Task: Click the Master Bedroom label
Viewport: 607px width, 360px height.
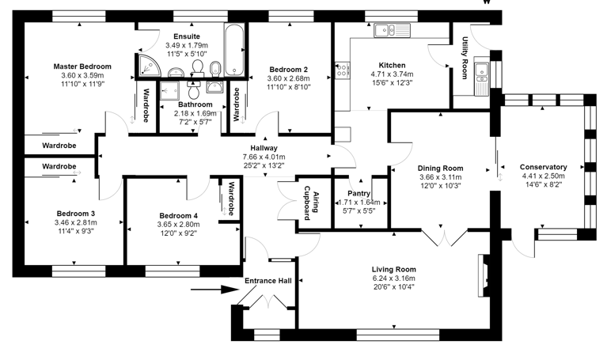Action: pos(82,66)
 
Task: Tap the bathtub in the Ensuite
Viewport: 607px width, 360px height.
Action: pos(234,50)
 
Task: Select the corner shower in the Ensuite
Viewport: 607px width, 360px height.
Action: pos(150,64)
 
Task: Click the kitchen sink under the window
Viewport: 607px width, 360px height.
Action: pos(392,30)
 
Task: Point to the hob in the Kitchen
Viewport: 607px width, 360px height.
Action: pos(342,70)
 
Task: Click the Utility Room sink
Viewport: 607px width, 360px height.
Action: pos(482,76)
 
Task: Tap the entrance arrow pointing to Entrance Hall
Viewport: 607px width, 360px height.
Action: pos(214,289)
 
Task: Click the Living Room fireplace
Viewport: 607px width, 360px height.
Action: pos(484,275)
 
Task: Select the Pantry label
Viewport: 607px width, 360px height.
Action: pos(359,193)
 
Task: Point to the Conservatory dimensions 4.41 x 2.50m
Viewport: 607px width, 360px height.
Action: pos(544,176)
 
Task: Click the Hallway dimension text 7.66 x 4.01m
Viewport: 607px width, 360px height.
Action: pos(264,157)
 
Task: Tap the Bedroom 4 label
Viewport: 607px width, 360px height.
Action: pos(179,216)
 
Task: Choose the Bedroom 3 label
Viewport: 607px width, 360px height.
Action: pos(76,214)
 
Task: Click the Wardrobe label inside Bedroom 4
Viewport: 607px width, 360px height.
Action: pos(231,199)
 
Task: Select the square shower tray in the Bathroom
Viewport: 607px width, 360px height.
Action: pos(169,91)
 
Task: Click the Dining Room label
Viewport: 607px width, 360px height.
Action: pos(440,168)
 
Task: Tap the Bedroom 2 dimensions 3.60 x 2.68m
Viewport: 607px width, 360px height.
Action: pos(288,78)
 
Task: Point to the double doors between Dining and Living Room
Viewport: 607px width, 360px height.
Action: pos(445,237)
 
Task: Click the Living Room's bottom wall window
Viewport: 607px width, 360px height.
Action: pos(397,335)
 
